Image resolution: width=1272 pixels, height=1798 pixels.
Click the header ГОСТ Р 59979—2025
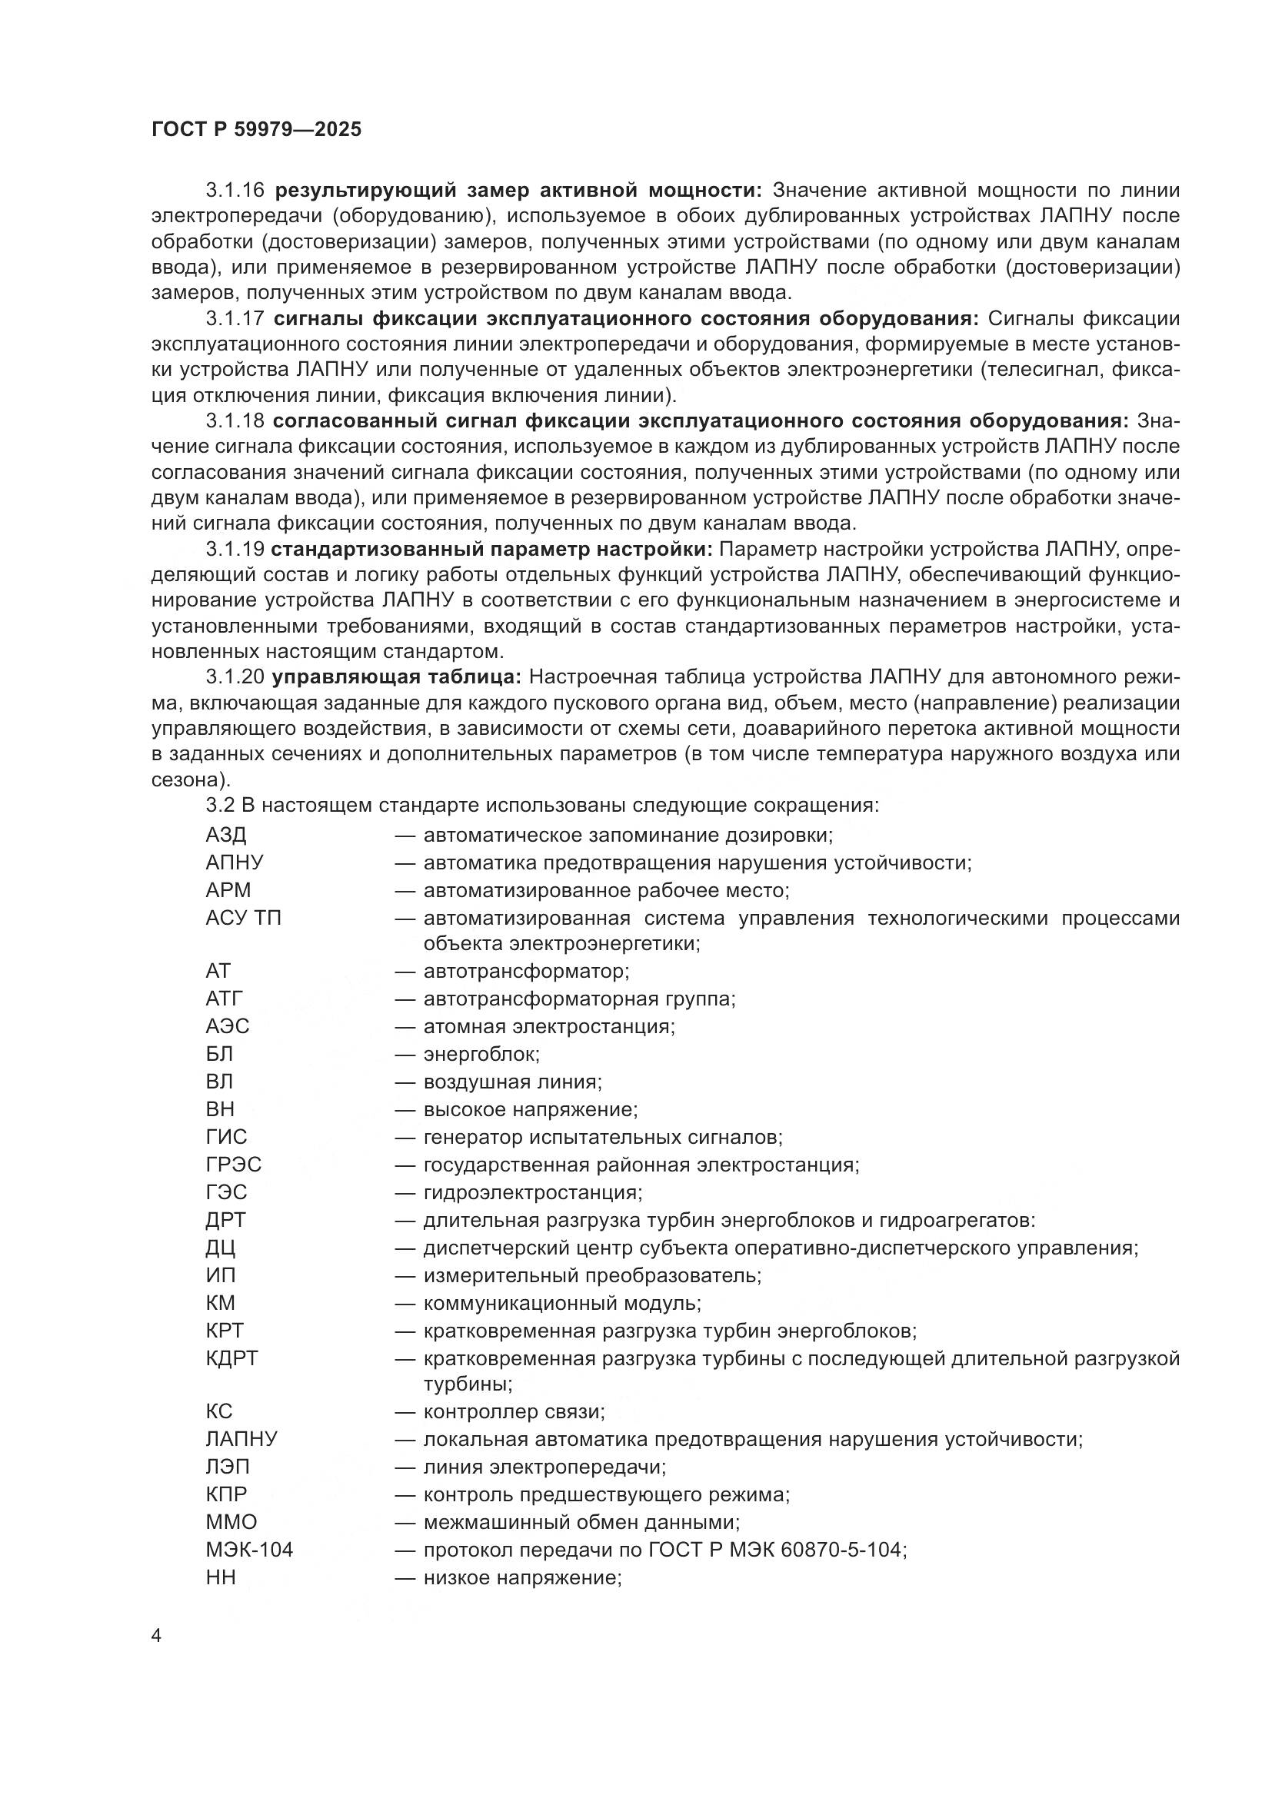[256, 130]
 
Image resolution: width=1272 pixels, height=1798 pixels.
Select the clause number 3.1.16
[235, 191]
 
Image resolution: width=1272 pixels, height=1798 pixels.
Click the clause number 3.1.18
[235, 421]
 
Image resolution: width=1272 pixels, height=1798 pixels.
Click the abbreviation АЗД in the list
[225, 835]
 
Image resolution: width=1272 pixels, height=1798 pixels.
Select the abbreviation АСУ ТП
[243, 918]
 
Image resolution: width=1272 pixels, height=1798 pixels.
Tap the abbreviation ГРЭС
[234, 1165]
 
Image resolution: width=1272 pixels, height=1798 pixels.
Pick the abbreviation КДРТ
[231, 1358]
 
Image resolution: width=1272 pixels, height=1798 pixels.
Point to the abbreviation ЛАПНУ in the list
[241, 1438]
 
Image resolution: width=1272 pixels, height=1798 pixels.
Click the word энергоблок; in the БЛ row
[481, 1054]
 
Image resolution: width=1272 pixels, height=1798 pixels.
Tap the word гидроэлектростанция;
[533, 1192]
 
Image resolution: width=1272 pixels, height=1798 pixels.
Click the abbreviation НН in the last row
[220, 1577]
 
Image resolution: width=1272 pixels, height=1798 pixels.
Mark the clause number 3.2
[220, 805]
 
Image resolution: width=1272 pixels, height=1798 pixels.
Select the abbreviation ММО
[231, 1521]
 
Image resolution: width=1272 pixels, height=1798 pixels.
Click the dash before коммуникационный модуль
[405, 1303]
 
